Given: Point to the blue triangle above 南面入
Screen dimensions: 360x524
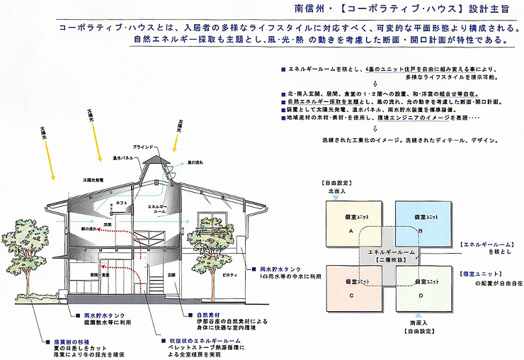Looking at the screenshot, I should coord(411,313).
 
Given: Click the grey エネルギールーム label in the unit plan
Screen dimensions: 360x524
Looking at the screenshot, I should coord(386,253).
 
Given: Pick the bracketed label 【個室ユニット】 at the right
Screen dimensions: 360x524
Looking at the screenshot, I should coord(484,273).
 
